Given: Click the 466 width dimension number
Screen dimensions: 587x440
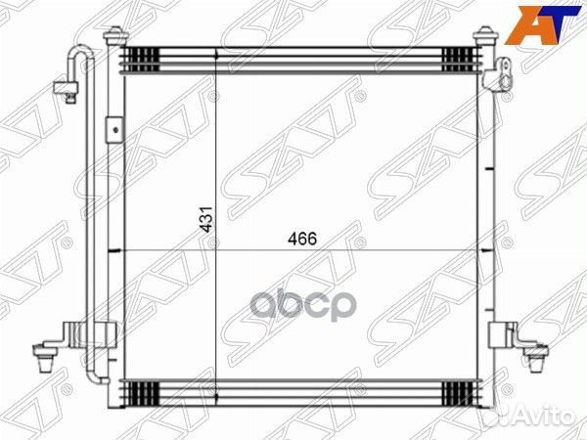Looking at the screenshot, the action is click(302, 239).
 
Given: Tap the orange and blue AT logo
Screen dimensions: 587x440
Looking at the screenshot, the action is click(542, 25).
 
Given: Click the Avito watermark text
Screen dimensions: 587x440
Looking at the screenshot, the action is click(544, 415).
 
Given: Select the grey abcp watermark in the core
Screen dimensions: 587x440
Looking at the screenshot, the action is click(302, 307).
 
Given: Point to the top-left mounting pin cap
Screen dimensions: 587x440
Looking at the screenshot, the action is click(115, 35).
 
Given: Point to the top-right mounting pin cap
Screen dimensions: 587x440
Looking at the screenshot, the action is click(486, 35).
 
